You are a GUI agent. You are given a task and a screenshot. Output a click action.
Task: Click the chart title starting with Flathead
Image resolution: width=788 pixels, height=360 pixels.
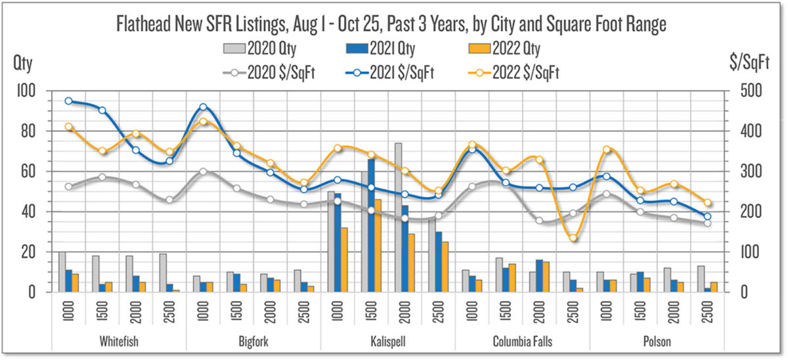[392, 25]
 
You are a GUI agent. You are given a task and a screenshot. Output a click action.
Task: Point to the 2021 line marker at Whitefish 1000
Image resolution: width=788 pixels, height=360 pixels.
[69, 101]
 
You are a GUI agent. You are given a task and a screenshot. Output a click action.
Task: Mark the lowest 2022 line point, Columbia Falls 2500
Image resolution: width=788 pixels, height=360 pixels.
[573, 238]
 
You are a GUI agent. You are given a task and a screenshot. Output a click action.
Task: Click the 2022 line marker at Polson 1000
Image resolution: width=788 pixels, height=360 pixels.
[607, 150]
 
